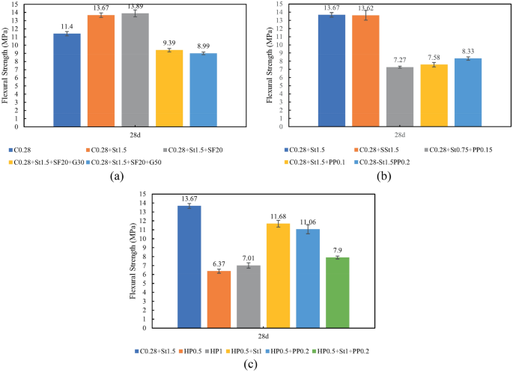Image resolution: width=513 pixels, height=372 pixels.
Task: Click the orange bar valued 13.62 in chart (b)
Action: (x=365, y=70)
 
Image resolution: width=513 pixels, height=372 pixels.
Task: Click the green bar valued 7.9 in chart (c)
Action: (x=338, y=292)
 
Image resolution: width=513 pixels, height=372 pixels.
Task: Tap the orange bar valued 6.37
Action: (x=219, y=299)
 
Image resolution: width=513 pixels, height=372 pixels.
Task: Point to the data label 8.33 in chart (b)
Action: (x=468, y=50)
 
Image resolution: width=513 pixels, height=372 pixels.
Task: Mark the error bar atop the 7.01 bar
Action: (x=249, y=266)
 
